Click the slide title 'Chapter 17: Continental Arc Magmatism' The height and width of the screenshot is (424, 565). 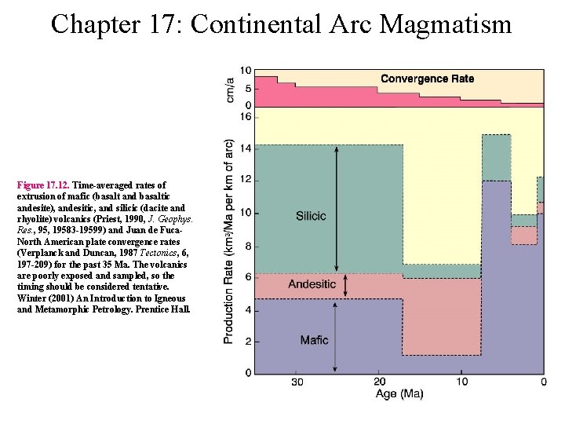tap(281, 24)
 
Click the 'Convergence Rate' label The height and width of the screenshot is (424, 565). tap(427, 79)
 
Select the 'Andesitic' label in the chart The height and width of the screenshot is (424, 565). tap(312, 284)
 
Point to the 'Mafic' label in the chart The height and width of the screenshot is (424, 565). tap(314, 340)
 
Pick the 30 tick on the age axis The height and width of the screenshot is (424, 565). tap(297, 382)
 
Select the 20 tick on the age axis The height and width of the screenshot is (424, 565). tap(379, 382)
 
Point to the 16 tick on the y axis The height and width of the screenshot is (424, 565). tap(245, 117)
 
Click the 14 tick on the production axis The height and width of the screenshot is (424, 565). tap(245, 148)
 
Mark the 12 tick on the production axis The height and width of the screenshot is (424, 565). tap(245, 180)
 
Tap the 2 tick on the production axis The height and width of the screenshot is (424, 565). tap(247, 342)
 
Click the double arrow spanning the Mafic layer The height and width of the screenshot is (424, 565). tap(337, 335)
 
